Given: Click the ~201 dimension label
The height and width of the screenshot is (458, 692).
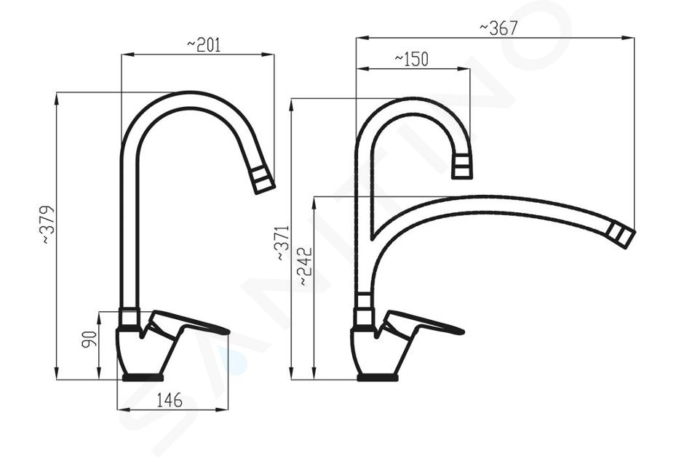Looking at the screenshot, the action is tap(204, 45).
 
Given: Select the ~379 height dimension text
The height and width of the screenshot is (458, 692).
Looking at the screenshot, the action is tap(48, 225).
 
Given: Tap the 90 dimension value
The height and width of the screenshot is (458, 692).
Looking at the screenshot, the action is tap(90, 339).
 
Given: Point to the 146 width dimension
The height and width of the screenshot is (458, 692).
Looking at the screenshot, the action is tap(170, 401).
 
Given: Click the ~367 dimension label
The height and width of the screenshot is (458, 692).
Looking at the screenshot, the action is tap(498, 28).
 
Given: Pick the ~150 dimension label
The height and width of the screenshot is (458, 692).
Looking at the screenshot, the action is tap(411, 59).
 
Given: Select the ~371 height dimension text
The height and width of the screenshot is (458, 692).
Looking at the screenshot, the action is tap(282, 243).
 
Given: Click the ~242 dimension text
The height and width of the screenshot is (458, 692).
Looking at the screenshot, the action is tap(305, 266).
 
